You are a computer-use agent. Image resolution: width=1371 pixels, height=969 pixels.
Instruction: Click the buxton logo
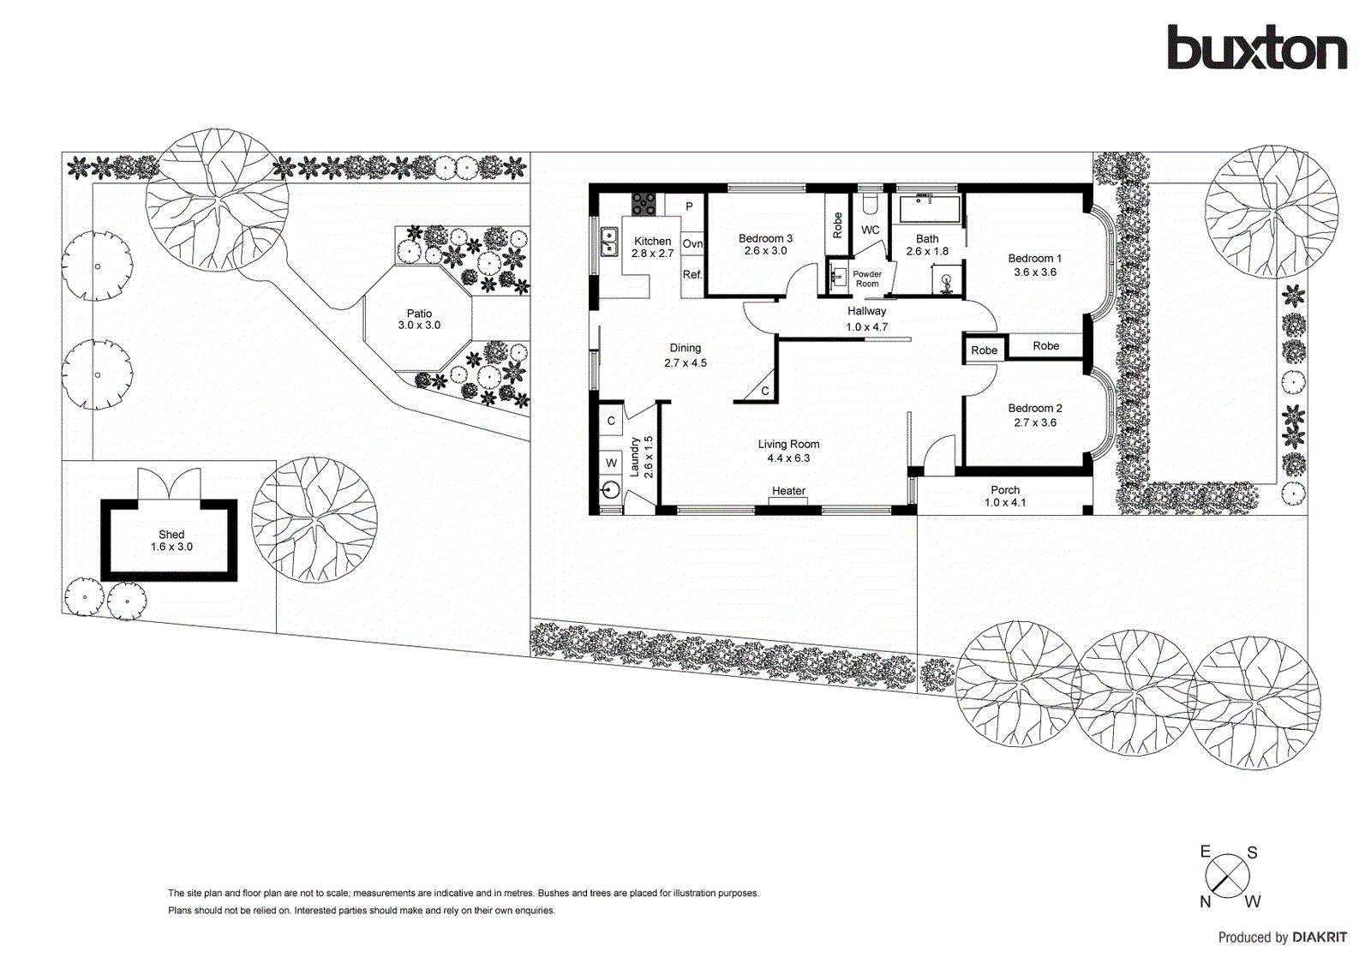point(1256,48)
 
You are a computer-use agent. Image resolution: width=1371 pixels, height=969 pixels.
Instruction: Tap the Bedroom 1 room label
point(1034,258)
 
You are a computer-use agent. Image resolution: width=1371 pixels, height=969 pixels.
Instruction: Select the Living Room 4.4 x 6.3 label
point(788,451)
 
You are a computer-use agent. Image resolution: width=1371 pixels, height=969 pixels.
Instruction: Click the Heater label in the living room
point(788,491)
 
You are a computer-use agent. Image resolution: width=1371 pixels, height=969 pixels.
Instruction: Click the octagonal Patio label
point(419,319)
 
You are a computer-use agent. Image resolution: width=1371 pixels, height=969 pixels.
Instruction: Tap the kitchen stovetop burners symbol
point(644,204)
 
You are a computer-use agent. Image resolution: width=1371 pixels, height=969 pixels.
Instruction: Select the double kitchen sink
point(610,242)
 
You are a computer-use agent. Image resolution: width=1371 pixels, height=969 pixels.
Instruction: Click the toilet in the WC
point(870,203)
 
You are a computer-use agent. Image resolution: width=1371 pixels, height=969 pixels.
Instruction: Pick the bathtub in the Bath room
point(929,208)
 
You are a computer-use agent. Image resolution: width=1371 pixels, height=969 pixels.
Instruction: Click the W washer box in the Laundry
point(611,463)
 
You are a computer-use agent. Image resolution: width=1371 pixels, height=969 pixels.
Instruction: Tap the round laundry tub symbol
point(610,490)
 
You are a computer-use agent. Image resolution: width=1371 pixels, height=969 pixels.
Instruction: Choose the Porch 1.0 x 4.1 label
point(1004,496)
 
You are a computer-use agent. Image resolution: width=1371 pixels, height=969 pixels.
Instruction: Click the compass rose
point(1227,876)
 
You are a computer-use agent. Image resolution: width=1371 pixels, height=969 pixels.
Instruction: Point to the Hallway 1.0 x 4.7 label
point(866,319)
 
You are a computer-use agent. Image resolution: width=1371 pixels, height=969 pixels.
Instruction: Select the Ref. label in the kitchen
point(692,274)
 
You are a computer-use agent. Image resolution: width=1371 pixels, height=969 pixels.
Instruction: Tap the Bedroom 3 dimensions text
point(765,251)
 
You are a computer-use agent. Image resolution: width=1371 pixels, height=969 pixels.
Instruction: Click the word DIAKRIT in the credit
point(1319,937)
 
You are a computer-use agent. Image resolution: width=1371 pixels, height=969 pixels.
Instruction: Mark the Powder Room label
point(866,278)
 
